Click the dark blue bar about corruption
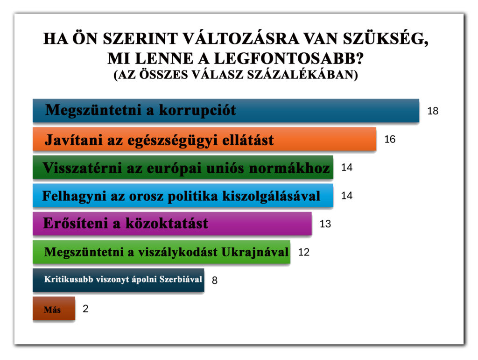pos(327,111)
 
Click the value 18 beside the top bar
pos(433,111)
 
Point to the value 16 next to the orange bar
pos(390,139)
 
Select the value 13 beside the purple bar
pos(325,224)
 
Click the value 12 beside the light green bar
pos(304,252)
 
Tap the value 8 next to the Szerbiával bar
pos(215,281)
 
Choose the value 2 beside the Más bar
pos(85,309)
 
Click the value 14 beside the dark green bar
pos(347,167)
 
